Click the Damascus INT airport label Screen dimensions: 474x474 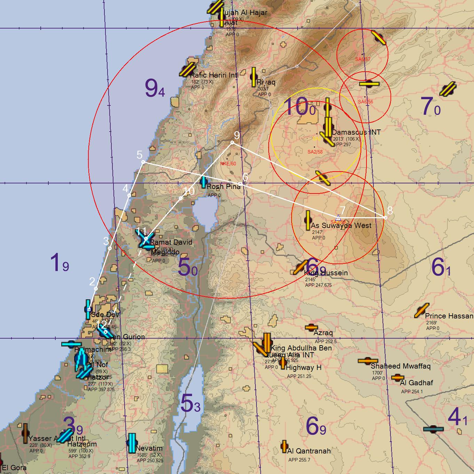click(356, 132)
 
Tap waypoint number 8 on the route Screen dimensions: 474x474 click(385, 218)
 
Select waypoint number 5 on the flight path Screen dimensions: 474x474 click(143, 162)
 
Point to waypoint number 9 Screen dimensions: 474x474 click(232, 142)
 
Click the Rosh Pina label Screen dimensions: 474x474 click(223, 187)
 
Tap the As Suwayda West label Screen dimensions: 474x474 click(341, 226)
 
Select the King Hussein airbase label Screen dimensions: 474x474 click(326, 273)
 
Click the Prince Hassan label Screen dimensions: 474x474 click(449, 316)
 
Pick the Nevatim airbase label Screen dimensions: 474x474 click(149, 448)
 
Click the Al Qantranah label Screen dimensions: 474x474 click(309, 451)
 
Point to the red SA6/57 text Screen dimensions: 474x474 click(363, 59)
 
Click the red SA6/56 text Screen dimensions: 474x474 click(365, 102)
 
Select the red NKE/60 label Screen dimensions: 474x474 click(228, 164)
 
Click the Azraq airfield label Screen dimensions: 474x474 click(323, 333)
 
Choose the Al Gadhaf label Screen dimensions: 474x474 click(416, 383)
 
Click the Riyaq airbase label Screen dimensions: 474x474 click(266, 82)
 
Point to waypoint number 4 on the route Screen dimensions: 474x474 click(129, 195)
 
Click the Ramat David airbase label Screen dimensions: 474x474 click(171, 242)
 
